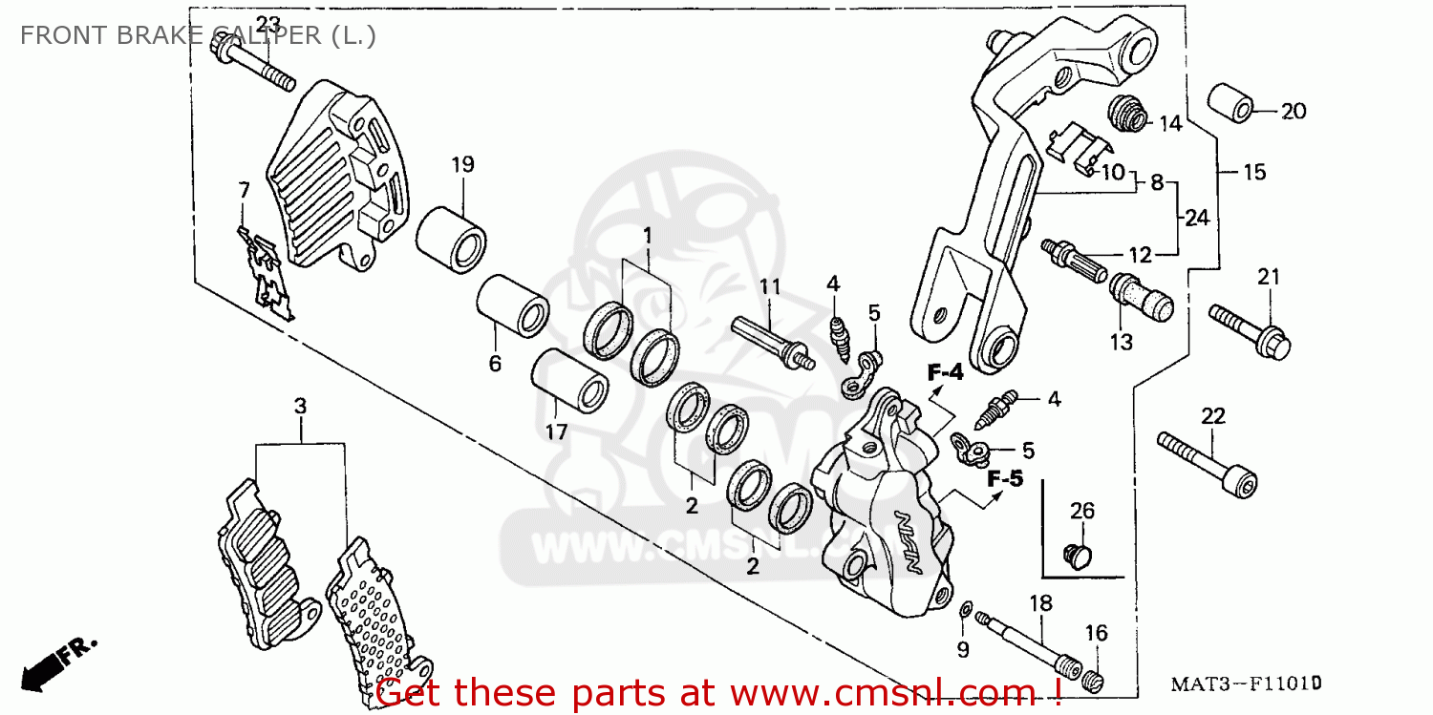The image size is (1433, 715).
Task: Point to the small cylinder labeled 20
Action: click(1231, 103)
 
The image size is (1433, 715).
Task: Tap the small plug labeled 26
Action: click(1078, 554)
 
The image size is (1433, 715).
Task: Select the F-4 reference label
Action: click(947, 373)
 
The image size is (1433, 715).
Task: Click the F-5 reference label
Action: click(1004, 478)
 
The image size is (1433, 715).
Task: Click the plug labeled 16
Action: click(1096, 681)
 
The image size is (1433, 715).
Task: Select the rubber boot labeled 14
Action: click(1128, 114)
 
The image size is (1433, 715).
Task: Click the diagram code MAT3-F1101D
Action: click(1246, 684)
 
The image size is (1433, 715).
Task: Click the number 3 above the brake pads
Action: click(300, 406)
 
